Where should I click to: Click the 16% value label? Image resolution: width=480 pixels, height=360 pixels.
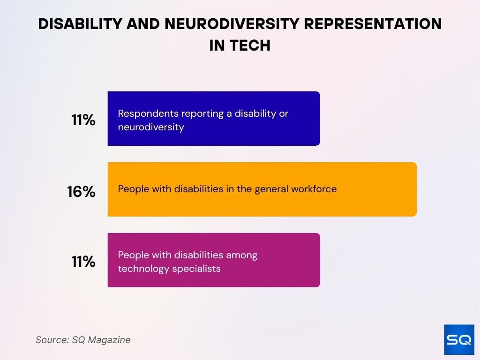(81, 191)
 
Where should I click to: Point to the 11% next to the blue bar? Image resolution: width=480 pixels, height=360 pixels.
(83, 120)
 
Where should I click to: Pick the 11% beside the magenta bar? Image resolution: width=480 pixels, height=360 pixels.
(83, 262)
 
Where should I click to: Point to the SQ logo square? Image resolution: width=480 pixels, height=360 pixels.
(459, 339)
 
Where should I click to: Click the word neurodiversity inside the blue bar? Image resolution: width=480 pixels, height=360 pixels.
(151, 127)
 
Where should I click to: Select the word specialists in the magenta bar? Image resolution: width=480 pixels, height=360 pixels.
(197, 269)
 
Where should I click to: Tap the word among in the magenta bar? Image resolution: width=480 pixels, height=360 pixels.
(241, 255)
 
